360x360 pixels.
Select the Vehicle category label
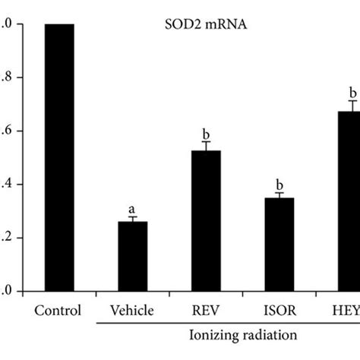133,310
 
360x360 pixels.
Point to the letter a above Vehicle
132,208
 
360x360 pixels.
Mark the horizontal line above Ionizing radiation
228,322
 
